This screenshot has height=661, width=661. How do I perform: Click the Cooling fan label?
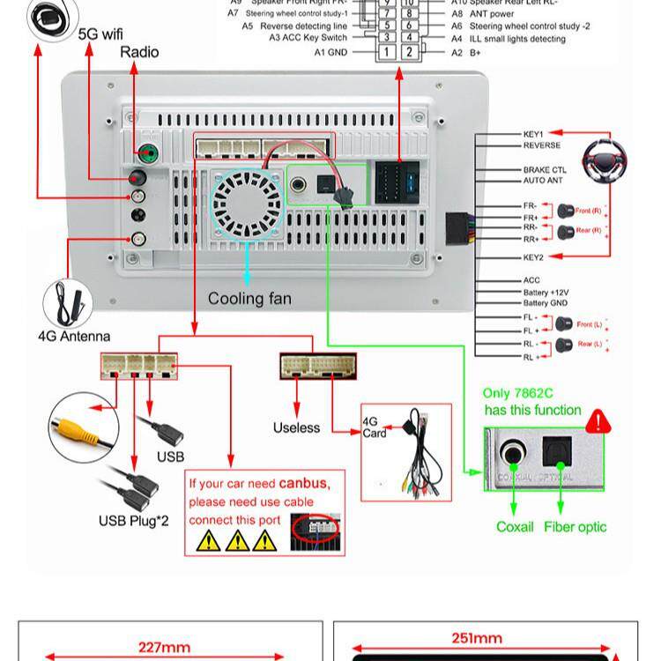click(249, 299)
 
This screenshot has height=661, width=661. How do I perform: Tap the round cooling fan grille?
click(246, 204)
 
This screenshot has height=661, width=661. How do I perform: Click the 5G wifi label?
click(101, 34)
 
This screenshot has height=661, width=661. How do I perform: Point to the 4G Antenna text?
click(74, 336)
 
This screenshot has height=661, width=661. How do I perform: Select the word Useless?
click(297, 427)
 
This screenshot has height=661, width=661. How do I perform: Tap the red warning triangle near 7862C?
click(598, 420)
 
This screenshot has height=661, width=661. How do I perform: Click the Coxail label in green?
click(515, 527)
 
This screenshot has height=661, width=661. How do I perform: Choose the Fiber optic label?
click(576, 527)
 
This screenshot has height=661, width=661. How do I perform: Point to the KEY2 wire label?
click(533, 257)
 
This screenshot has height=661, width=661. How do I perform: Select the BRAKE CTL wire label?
click(545, 170)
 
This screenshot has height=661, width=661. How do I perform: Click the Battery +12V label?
click(546, 293)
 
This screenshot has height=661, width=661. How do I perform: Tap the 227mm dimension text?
click(164, 647)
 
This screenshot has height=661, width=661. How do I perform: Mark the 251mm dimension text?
click(478, 638)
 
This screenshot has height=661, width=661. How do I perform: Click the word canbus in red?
click(303, 484)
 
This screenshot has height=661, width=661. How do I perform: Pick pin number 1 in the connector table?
click(385, 53)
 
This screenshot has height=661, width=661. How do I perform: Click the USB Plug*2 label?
click(132, 521)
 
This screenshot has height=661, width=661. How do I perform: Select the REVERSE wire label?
click(541, 145)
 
